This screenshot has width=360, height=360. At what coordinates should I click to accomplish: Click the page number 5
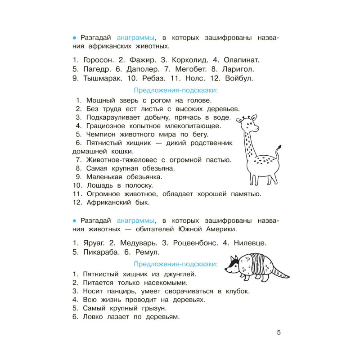279,333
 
